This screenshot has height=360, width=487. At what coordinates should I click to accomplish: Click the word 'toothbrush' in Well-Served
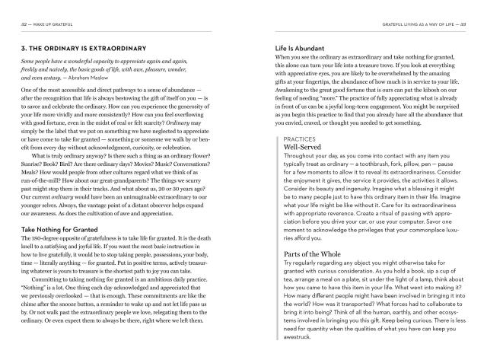(386, 164)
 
